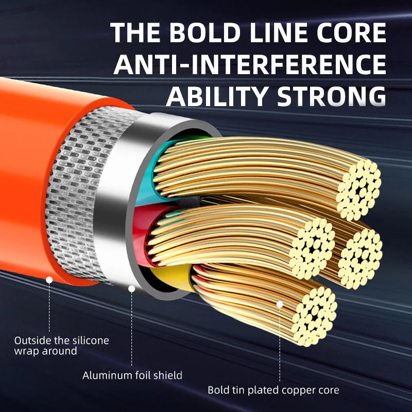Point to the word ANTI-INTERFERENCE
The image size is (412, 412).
(250, 64)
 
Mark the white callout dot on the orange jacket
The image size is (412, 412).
(49, 280)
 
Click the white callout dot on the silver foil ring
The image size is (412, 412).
(131, 289)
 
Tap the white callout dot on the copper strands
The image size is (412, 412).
(280, 304)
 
